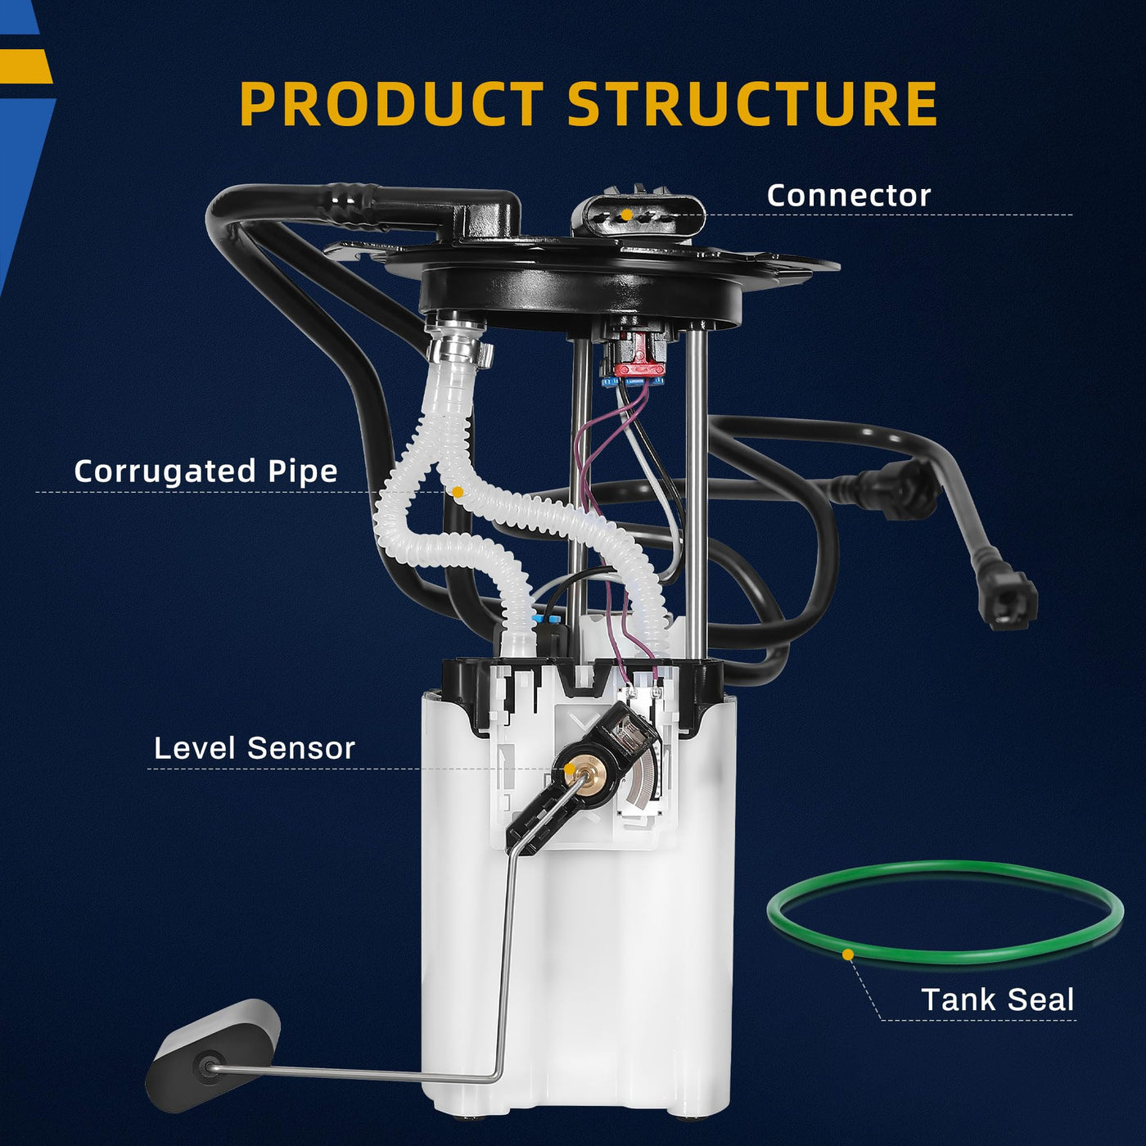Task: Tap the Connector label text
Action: click(849, 196)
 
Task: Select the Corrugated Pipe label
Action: click(205, 472)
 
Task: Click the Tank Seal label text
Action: click(998, 999)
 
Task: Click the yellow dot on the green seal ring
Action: click(848, 954)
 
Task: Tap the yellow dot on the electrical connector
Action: click(626, 214)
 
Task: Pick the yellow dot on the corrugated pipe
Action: click(458, 492)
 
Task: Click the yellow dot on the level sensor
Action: click(569, 769)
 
